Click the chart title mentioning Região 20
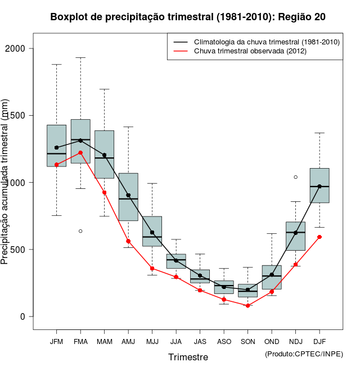[188, 17]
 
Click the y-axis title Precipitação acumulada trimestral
[6, 183]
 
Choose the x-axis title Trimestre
[188, 357]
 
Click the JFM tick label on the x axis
[56, 341]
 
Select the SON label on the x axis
[247, 341]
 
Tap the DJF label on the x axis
[319, 341]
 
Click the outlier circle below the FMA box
[80, 231]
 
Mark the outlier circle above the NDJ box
[295, 177]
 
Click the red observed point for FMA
[80, 152]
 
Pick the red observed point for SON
[247, 306]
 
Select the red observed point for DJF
[319, 237]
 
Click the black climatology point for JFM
[56, 147]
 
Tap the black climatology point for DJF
[319, 186]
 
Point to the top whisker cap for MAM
[104, 89]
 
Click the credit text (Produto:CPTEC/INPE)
[303, 353]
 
